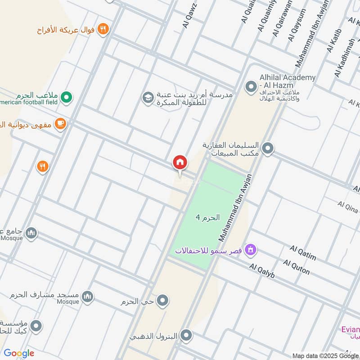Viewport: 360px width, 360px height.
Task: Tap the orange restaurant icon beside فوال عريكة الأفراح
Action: pyautogui.click(x=103, y=29)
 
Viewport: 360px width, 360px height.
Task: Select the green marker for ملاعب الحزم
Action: pyautogui.click(x=67, y=96)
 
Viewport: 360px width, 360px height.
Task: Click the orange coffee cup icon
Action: pyautogui.click(x=60, y=123)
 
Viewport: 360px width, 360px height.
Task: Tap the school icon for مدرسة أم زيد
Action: pyautogui.click(x=147, y=97)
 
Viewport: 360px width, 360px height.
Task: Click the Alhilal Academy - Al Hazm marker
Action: pyautogui.click(x=250, y=85)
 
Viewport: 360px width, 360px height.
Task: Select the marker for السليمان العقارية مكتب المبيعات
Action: pyautogui.click(x=268, y=148)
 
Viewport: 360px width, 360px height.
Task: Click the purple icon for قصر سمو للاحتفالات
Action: pyautogui.click(x=251, y=249)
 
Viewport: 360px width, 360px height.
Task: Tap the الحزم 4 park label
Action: pyautogui.click(x=207, y=217)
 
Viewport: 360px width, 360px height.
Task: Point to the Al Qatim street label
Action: pyautogui.click(x=302, y=253)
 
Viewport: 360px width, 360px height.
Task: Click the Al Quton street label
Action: pyautogui.click(x=296, y=266)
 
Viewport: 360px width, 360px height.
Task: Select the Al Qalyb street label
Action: pyautogui.click(x=262, y=270)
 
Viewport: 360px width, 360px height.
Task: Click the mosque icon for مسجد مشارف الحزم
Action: pyautogui.click(x=88, y=296)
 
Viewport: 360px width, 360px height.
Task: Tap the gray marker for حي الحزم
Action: pyautogui.click(x=162, y=300)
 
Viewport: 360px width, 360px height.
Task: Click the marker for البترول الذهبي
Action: pyautogui.click(x=186, y=336)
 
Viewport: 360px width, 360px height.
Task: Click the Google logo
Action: pyautogui.click(x=19, y=353)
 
